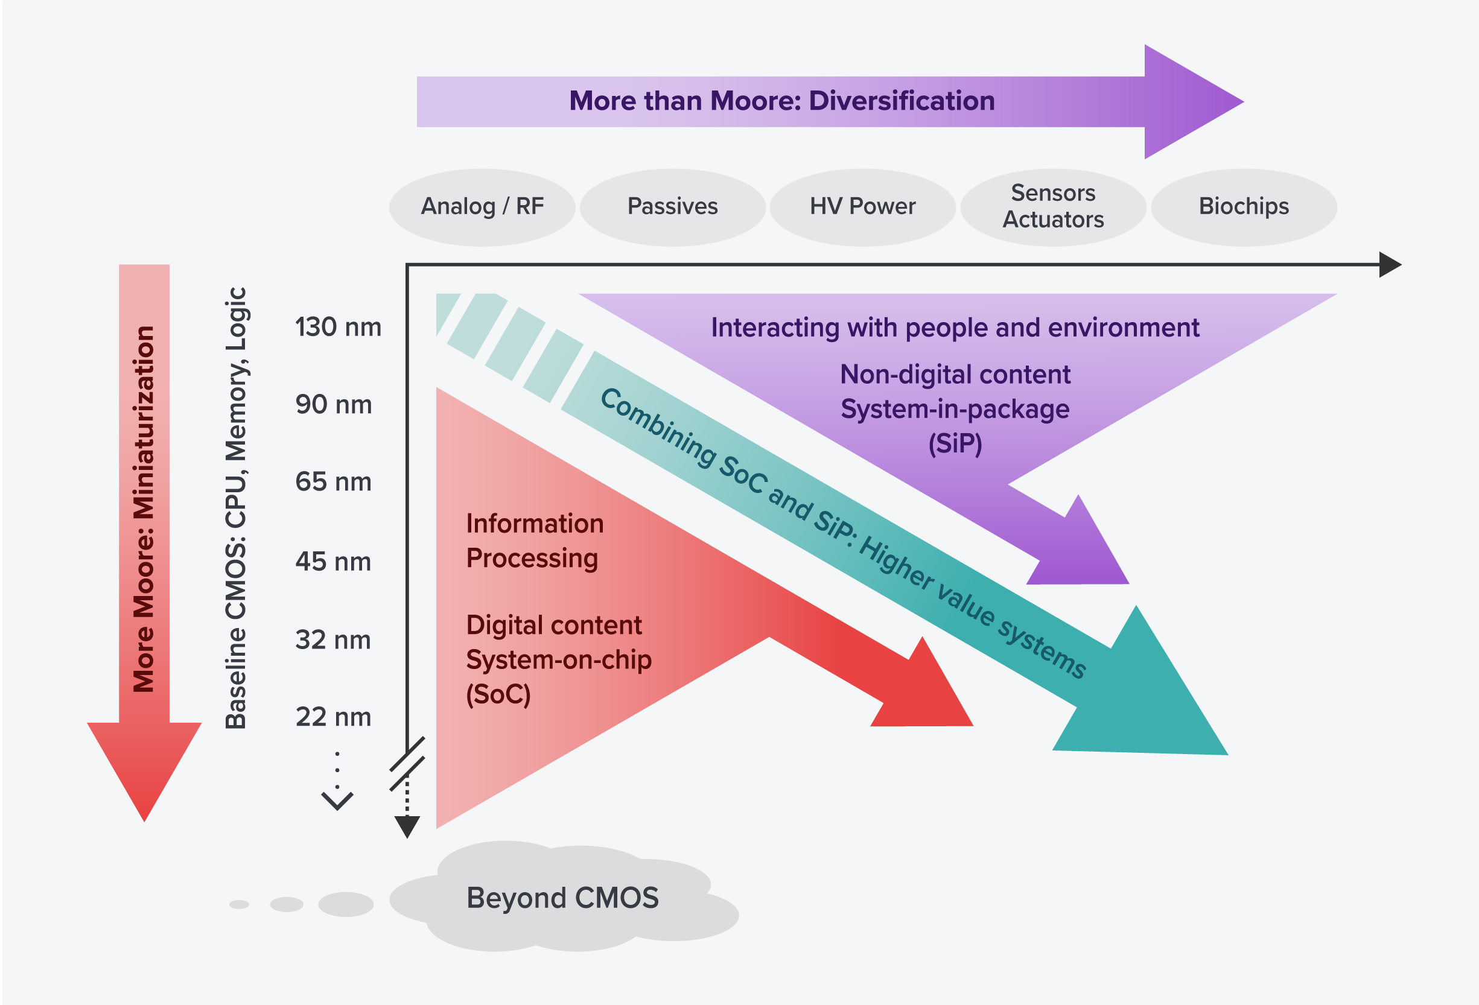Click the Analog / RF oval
pyautogui.click(x=482, y=207)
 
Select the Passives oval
pyautogui.click(x=672, y=207)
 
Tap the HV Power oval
pyautogui.click(x=862, y=207)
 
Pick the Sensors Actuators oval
pyautogui.click(x=1052, y=207)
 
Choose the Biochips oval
pyautogui.click(x=1244, y=207)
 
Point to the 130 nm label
pyautogui.click(x=338, y=327)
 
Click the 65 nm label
pyautogui.click(x=334, y=482)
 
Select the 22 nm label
pyautogui.click(x=334, y=717)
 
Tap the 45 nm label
pyautogui.click(x=334, y=562)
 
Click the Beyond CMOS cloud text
pyautogui.click(x=562, y=898)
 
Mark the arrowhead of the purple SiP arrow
pyautogui.click(x=1082, y=547)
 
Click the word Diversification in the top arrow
pyautogui.click(x=901, y=101)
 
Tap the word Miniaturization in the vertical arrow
pyautogui.click(x=144, y=423)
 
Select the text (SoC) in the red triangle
pyautogui.click(x=498, y=694)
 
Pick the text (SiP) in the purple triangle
pyautogui.click(x=955, y=443)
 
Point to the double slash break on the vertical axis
pyautogui.click(x=407, y=763)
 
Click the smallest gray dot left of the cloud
pyautogui.click(x=238, y=904)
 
